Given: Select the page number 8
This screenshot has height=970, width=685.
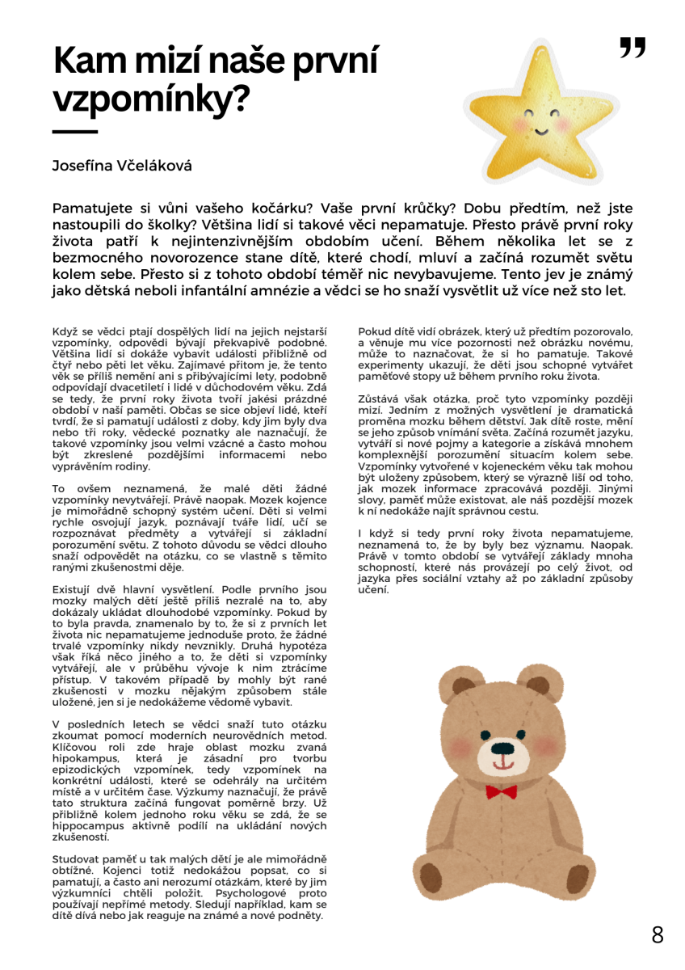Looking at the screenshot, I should tap(658, 935).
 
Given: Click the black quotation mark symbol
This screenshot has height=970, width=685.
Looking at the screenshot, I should tap(633, 48).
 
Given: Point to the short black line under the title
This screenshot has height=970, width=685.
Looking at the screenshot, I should tap(75, 132).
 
